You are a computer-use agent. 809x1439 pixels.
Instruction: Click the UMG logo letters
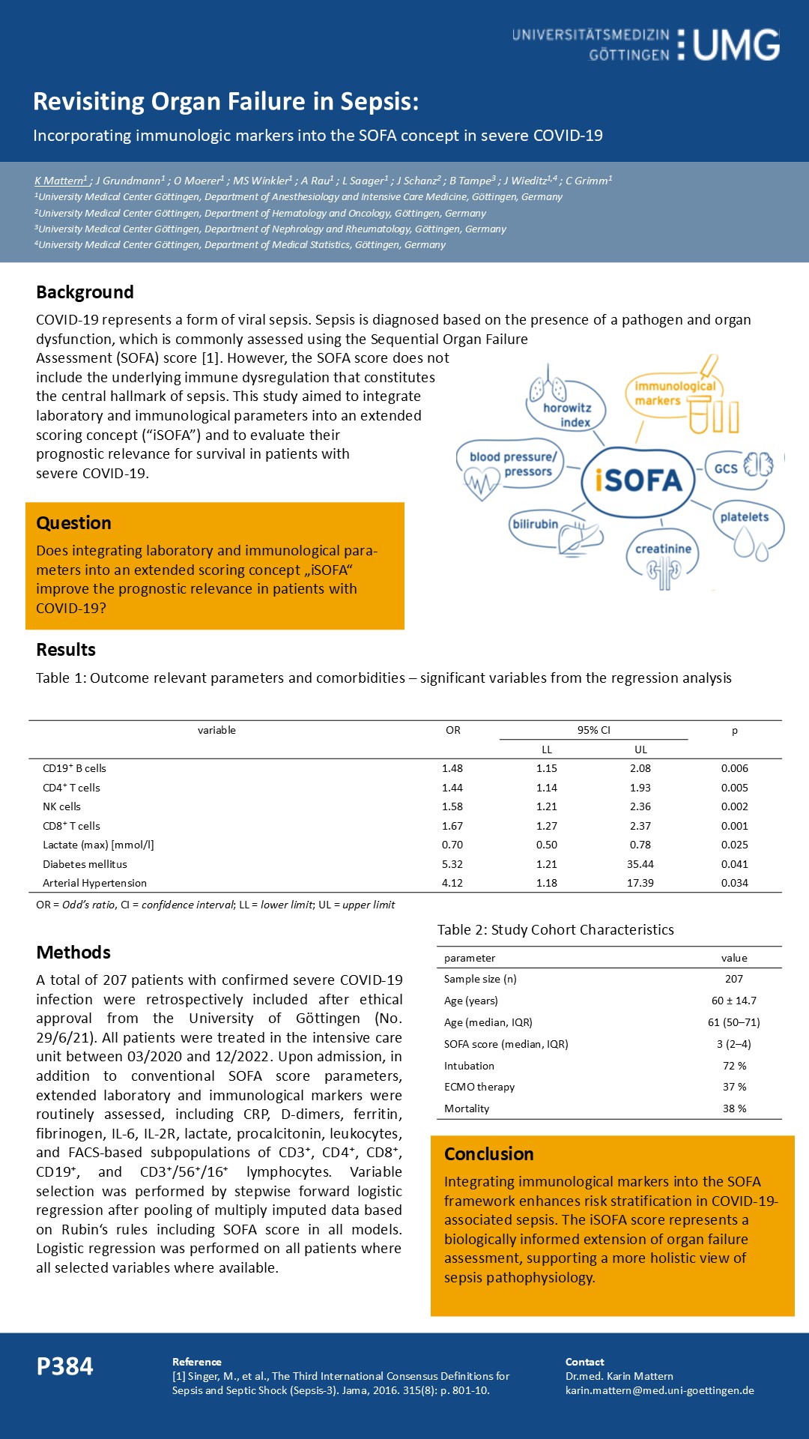click(736, 45)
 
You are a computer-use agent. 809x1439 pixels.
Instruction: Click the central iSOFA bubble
click(639, 480)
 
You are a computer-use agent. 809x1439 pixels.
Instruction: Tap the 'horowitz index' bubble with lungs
click(567, 414)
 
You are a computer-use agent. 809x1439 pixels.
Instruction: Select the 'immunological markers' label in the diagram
click(674, 393)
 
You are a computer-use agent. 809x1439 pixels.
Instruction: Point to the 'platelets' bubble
click(744, 517)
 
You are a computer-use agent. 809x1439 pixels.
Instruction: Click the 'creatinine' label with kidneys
click(663, 549)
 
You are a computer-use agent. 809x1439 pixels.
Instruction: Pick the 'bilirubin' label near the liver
click(535, 524)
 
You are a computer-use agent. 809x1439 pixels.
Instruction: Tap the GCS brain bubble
click(726, 468)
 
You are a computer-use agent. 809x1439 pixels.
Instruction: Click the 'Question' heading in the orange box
click(73, 523)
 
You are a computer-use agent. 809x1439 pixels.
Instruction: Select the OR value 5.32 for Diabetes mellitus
click(452, 864)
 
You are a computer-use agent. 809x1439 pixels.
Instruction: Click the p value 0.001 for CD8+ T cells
click(734, 826)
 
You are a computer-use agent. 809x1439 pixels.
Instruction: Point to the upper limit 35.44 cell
click(640, 864)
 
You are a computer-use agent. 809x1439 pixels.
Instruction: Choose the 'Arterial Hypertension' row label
click(94, 883)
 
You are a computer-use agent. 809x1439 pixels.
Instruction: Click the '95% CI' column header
click(593, 730)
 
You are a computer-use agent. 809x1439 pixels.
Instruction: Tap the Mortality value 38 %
click(734, 1108)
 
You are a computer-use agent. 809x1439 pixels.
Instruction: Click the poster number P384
click(65, 1366)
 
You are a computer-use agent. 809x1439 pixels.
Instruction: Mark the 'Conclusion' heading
click(488, 1154)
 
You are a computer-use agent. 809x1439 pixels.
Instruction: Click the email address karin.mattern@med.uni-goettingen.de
click(659, 1390)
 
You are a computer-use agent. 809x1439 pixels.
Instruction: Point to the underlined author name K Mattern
click(60, 181)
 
